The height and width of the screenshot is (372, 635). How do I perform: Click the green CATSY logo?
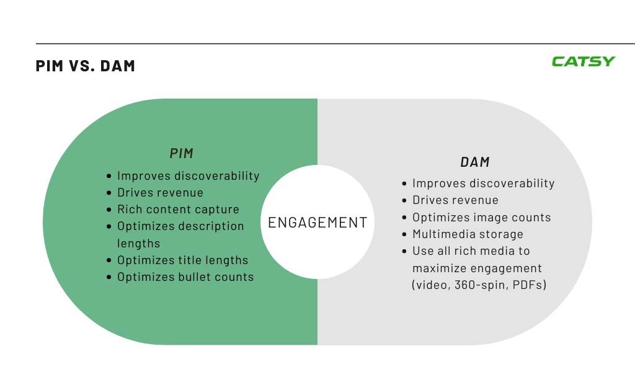tap(583, 61)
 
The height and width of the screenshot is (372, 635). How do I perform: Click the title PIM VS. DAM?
tap(86, 66)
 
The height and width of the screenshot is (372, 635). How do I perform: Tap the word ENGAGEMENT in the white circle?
tap(317, 222)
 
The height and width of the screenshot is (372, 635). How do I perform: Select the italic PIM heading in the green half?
tap(182, 153)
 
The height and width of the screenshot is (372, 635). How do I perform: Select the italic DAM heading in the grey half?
tap(475, 162)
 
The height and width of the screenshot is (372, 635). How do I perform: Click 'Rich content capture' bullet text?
tap(178, 209)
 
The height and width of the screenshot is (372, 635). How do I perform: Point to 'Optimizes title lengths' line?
tap(183, 260)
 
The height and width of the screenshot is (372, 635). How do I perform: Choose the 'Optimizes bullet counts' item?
tap(185, 277)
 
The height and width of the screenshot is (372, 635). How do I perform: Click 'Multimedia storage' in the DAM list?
tap(468, 234)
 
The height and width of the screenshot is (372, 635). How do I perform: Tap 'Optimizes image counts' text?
tap(481, 218)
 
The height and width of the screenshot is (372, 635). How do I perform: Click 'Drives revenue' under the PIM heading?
tap(161, 192)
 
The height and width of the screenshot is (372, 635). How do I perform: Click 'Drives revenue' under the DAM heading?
tap(456, 200)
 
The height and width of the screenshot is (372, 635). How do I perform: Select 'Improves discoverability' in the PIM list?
tap(189, 175)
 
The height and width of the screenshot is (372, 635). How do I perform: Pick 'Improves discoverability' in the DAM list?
tap(484, 183)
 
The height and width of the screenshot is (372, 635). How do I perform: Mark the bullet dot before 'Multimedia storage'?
tap(404, 234)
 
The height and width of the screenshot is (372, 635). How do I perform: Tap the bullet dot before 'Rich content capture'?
tap(109, 210)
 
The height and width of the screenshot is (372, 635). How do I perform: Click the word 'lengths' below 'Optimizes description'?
tap(138, 243)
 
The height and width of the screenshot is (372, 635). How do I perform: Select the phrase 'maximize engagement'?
tap(477, 268)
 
